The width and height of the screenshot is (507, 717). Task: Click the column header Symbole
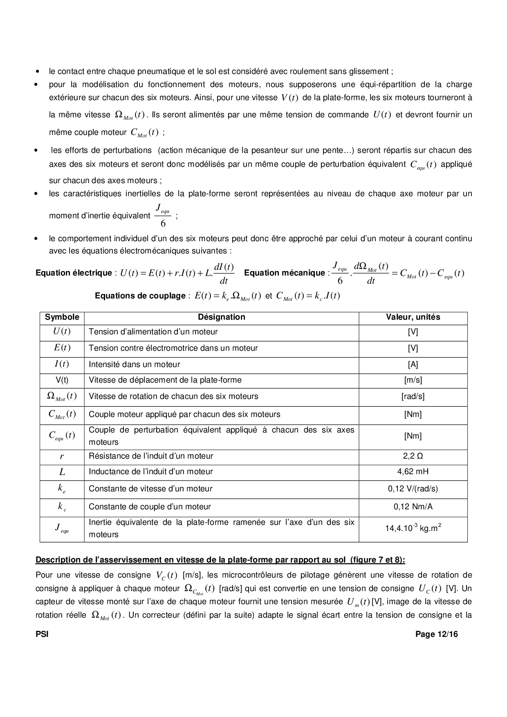pos(62,317)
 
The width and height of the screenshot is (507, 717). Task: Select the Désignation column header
pos(222,317)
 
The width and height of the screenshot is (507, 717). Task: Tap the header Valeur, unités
pos(413,317)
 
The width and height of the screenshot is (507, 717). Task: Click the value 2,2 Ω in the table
pos(413,456)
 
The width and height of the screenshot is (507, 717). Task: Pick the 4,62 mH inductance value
pos(413,472)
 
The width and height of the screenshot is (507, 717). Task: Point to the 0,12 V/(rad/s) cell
pos(413,489)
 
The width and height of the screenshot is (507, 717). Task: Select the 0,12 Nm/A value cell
pos(413,507)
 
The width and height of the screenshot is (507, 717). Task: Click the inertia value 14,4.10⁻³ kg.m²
pos(413,528)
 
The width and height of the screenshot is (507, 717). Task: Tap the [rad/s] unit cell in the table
pos(413,397)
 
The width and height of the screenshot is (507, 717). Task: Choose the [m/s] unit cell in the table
pos(413,380)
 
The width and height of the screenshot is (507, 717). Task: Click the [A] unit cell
pos(413,365)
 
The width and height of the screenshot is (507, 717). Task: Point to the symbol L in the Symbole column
pos(62,472)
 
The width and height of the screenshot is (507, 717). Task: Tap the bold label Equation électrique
pos(74,273)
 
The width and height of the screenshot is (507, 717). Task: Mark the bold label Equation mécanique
pos(284,273)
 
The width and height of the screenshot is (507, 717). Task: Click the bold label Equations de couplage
pos(140,296)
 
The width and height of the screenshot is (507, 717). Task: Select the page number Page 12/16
pos(436,634)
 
